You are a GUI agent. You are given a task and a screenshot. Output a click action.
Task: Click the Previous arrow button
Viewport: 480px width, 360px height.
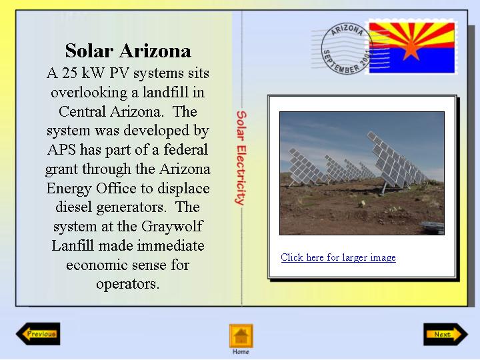(x=38, y=334)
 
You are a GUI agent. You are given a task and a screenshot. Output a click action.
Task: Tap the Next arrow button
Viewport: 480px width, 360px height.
(x=445, y=334)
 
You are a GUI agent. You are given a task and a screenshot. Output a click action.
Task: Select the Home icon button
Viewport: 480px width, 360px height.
(x=241, y=336)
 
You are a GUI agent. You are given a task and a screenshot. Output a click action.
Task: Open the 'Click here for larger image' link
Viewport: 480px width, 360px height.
(x=338, y=257)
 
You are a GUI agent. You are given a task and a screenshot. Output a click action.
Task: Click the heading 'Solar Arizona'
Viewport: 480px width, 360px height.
(x=128, y=51)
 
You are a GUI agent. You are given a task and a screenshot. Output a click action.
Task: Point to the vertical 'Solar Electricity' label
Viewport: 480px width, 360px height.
(x=241, y=157)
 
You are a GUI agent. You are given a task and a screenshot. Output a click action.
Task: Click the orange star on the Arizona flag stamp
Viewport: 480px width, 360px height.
(x=411, y=48)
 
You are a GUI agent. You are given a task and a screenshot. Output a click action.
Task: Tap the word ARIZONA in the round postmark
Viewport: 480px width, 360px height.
(x=347, y=30)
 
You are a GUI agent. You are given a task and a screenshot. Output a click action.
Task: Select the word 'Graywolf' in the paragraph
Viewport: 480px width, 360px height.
(x=172, y=227)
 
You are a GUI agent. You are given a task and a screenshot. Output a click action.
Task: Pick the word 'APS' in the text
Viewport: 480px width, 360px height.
(x=61, y=150)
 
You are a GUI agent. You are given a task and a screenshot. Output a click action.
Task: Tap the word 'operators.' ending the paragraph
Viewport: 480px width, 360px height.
(x=128, y=285)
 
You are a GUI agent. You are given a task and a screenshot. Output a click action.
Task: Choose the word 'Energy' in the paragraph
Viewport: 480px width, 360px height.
(x=69, y=189)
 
